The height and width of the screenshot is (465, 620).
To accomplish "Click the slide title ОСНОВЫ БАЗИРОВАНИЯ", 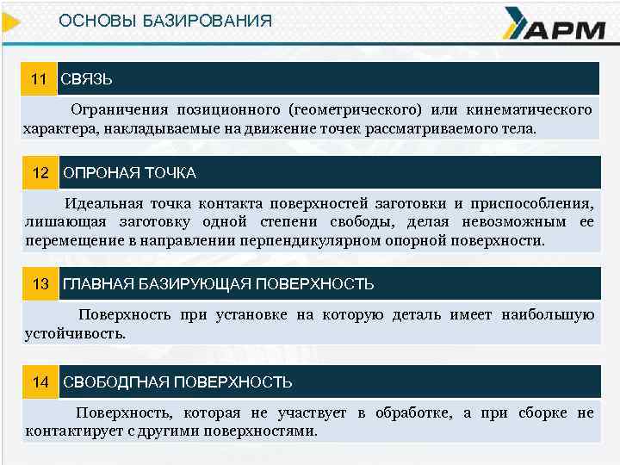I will pos(164,20).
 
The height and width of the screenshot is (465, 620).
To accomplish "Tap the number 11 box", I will pos(39,79).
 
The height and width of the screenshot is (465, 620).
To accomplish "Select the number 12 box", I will pos(40,173).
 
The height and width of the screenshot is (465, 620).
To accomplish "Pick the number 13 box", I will pos(40,283).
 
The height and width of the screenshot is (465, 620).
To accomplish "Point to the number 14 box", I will pos(40,381).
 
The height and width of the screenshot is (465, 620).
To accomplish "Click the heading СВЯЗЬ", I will pos(86,79).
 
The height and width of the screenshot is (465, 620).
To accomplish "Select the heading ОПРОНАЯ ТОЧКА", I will pos(130,173).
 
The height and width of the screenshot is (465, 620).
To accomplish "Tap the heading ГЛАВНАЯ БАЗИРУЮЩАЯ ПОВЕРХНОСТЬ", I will pos(219,283).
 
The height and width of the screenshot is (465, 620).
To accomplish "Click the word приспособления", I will pos(534,204).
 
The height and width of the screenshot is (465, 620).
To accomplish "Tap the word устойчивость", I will pos(76,332).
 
